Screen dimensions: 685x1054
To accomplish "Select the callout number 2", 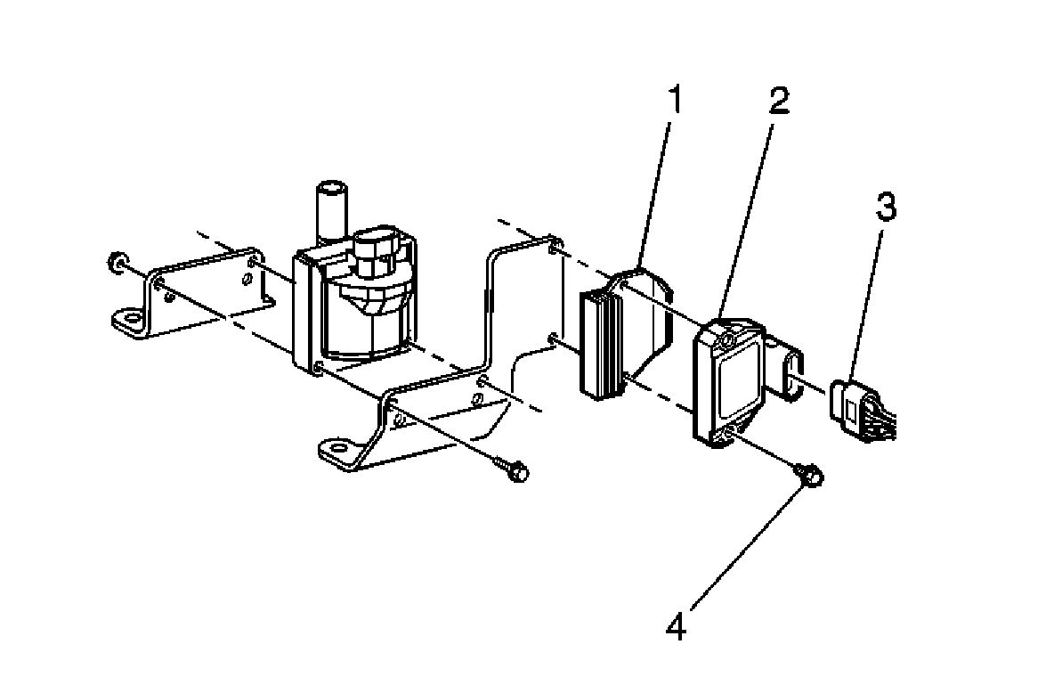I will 779,101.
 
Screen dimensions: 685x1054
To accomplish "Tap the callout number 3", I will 884,208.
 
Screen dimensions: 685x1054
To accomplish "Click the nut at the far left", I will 115,262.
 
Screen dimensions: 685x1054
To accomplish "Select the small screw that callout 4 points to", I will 811,477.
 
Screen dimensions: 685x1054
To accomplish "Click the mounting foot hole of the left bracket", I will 133,316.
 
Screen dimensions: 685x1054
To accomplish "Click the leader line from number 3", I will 868,303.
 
